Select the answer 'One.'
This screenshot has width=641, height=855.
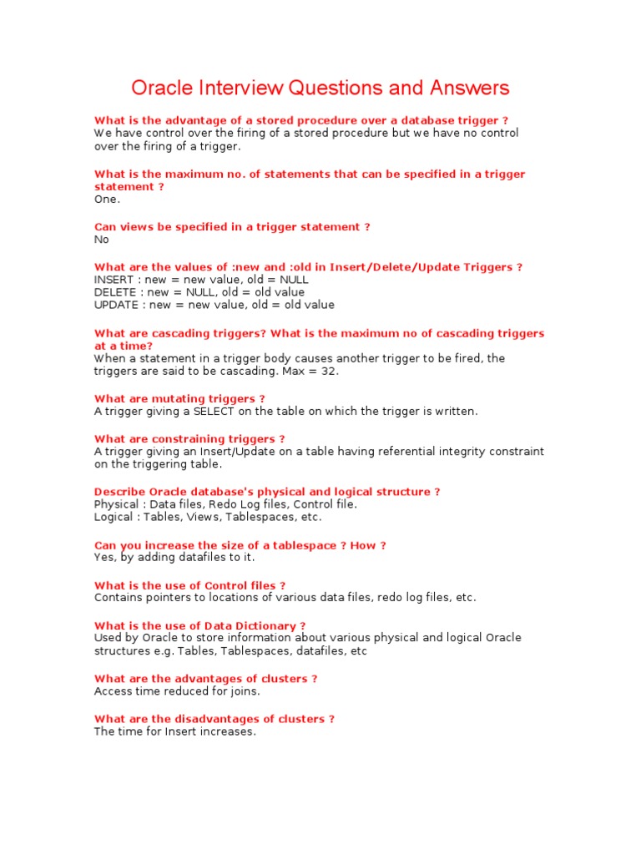point(107,200)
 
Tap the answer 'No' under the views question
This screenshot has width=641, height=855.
point(102,240)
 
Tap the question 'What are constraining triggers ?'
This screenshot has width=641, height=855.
point(189,439)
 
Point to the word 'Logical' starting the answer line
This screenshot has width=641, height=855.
point(114,517)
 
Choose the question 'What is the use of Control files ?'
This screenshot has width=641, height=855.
point(189,586)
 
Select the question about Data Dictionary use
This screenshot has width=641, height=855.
point(199,626)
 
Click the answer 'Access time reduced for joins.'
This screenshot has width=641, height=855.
point(177,691)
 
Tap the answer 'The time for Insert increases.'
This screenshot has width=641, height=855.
point(174,731)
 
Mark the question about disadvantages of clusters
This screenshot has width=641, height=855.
point(215,719)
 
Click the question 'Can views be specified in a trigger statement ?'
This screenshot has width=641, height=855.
point(232,227)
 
